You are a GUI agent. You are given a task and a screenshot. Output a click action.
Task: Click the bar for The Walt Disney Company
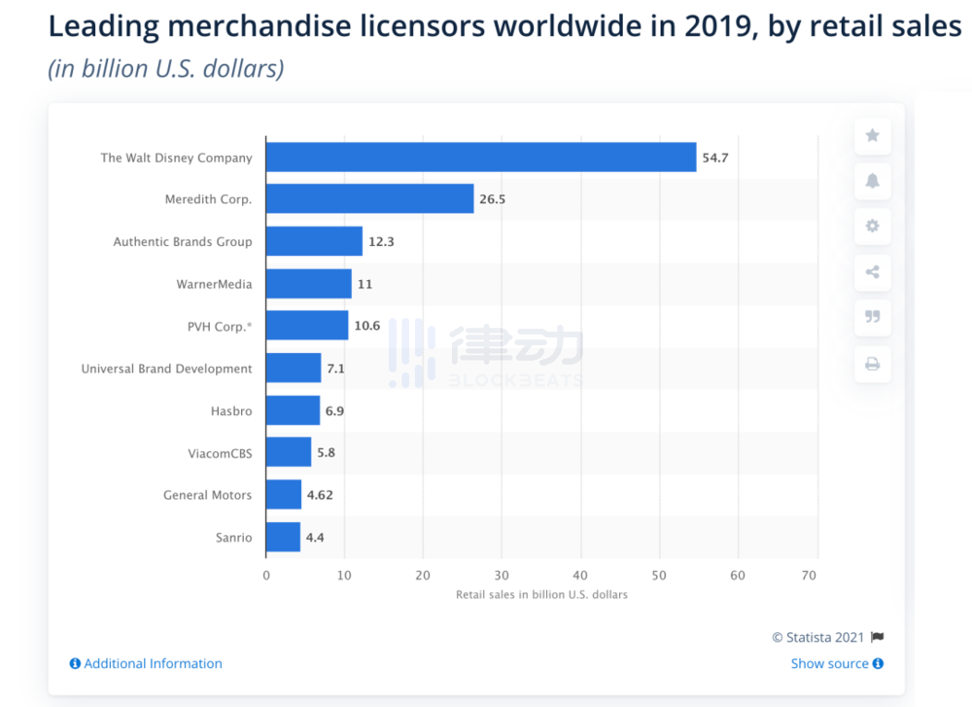(x=481, y=158)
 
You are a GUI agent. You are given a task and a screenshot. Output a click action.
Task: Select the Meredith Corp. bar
(x=369, y=199)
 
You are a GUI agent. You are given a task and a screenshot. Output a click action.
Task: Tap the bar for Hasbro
(x=293, y=410)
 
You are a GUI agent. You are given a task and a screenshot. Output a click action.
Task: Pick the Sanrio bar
(x=283, y=537)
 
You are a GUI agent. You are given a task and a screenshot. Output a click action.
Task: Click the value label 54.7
(x=714, y=158)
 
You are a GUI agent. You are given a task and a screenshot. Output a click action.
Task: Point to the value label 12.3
(x=381, y=241)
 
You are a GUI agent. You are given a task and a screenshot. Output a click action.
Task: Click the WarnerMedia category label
(x=214, y=284)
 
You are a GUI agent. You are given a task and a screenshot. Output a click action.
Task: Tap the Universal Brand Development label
(x=166, y=369)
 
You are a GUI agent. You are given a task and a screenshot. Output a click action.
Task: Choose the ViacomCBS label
(x=220, y=453)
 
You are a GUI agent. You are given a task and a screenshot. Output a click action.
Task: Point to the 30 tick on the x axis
(x=502, y=576)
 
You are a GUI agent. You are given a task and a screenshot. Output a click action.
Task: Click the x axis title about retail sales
(x=541, y=594)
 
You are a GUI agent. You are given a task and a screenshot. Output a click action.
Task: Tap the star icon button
(x=872, y=135)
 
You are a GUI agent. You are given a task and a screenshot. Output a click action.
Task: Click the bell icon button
(x=872, y=181)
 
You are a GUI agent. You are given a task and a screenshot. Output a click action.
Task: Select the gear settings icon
(x=872, y=226)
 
